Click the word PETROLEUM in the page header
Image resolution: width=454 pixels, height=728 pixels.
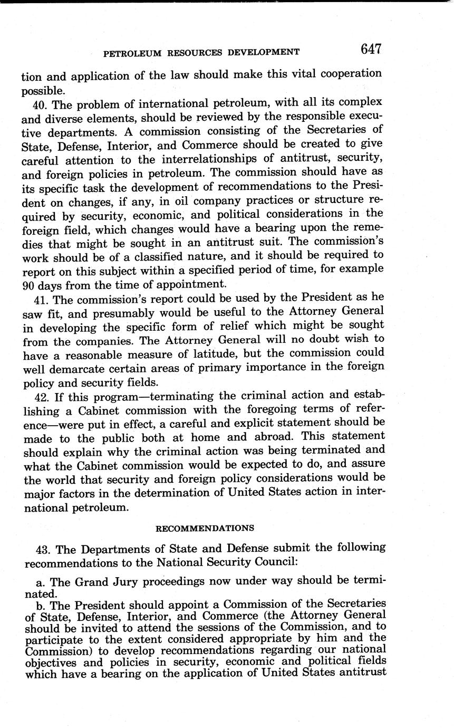[130, 52]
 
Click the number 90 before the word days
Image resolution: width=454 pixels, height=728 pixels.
[28, 285]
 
